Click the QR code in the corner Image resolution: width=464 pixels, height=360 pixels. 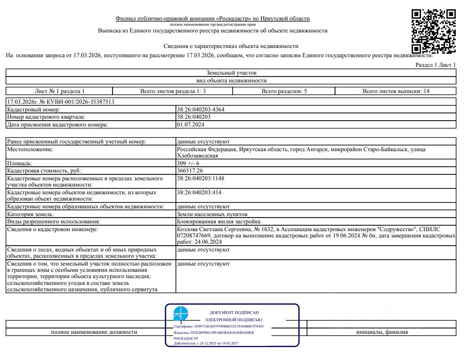coord(434,31)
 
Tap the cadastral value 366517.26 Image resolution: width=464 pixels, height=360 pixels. coord(190,171)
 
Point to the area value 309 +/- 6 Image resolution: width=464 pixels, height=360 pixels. coord(188,164)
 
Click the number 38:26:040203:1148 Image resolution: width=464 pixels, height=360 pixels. coord(201,178)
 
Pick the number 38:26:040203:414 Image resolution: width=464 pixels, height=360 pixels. coord(199,192)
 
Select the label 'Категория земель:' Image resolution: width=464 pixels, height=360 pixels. coord(30,214)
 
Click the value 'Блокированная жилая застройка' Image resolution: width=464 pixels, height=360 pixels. coord(219,221)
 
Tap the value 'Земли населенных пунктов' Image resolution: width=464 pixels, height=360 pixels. coord(212,214)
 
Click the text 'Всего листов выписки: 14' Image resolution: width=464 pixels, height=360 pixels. coord(396,91)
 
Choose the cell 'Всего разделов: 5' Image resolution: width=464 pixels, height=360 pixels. coord(284,91)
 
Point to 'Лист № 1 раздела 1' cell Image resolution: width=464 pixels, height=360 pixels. coord(60,91)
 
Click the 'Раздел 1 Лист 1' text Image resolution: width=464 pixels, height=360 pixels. coord(436,65)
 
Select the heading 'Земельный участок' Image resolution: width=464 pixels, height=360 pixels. coord(231,73)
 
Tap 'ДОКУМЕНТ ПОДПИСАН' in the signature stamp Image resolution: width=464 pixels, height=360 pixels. coord(234,313)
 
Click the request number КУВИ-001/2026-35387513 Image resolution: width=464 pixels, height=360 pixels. coord(77,102)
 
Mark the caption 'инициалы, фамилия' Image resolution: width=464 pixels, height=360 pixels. coord(382,332)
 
